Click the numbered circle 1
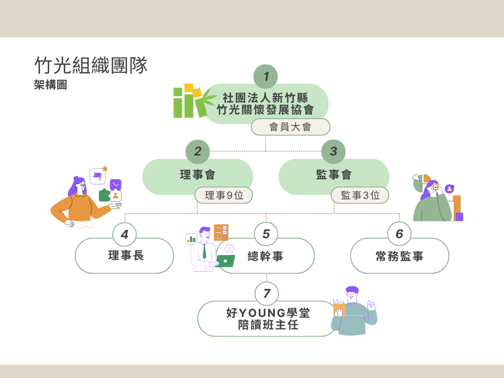pyautogui.click(x=266, y=77)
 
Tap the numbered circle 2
pyautogui.click(x=197, y=152)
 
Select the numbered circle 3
pyautogui.click(x=333, y=152)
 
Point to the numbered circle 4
pyautogui.click(x=125, y=234)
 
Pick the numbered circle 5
pyautogui.click(x=266, y=234)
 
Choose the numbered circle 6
pyautogui.click(x=399, y=234)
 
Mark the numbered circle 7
pyautogui.click(x=266, y=294)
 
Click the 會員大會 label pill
pyautogui.click(x=290, y=127)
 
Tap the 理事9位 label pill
pyautogui.click(x=224, y=195)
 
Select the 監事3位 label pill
pyautogui.click(x=360, y=195)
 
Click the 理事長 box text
pyautogui.click(x=126, y=255)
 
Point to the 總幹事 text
pyautogui.click(x=265, y=256)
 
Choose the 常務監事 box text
pyautogui.click(x=399, y=256)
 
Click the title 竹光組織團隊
pyautogui.click(x=91, y=65)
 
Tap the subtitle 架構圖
pyautogui.click(x=51, y=85)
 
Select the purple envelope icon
pyautogui.click(x=116, y=184)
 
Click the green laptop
pyautogui.click(x=225, y=261)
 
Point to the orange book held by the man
pyautogui.click(x=339, y=308)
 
